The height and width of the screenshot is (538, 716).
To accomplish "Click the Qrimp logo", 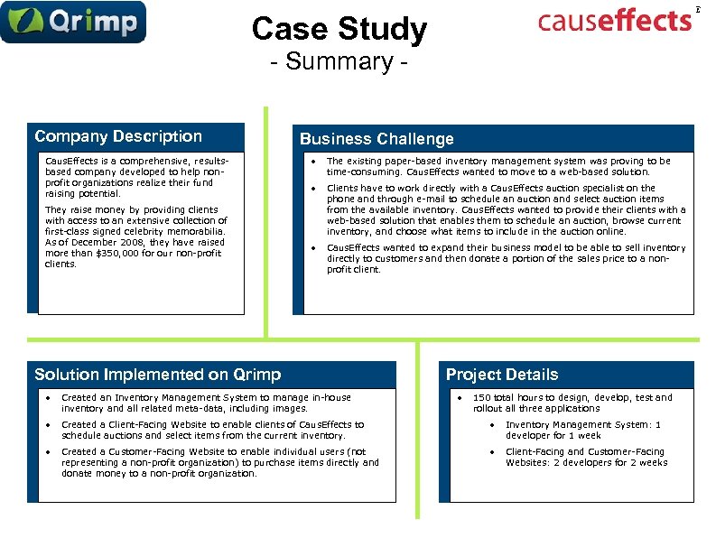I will point(73,23).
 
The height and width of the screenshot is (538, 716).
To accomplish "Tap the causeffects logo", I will point(614,20).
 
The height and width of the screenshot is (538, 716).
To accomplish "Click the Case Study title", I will point(339,30).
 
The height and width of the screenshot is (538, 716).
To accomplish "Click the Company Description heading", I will point(118,136).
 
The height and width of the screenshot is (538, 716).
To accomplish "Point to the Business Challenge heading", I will point(377,139).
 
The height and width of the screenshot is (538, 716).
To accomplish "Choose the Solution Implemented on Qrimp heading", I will point(157,375).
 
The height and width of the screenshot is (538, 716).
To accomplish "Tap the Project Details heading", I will point(502,375).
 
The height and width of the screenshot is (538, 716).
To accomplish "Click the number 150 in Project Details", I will point(482,397).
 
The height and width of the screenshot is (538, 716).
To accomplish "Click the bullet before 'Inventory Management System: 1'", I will point(492,425).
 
